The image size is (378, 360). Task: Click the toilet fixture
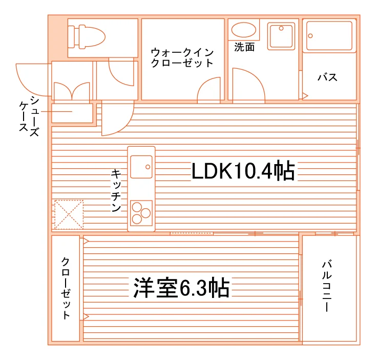[86, 37]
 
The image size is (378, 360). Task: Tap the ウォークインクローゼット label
[182, 57]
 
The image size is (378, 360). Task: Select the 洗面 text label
[244, 47]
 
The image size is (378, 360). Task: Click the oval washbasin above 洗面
[243, 30]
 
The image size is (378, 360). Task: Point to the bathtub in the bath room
[329, 36]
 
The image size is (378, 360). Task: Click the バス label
[327, 77]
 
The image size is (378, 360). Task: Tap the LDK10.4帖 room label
[243, 171]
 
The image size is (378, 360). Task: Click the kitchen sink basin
[141, 167]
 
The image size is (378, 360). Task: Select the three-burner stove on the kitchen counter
[141, 213]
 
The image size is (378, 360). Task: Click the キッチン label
[116, 191]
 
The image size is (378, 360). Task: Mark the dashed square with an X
[69, 214]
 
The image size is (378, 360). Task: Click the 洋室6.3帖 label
[181, 288]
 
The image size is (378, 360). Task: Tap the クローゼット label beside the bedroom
[66, 288]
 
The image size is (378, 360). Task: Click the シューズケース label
[29, 116]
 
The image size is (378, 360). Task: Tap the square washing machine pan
[281, 36]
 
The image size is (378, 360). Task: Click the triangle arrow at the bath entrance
[305, 96]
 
